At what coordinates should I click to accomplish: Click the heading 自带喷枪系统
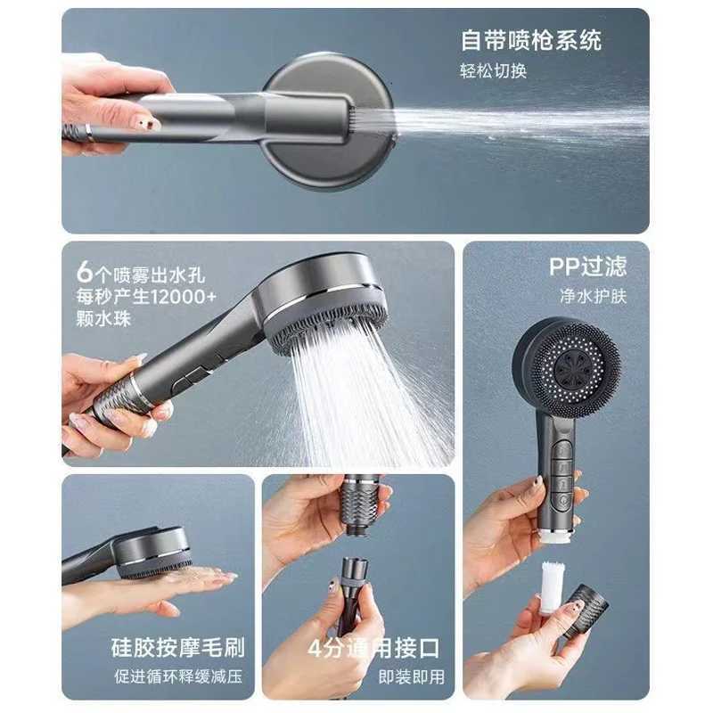click(530, 40)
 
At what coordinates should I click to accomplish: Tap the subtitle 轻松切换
click(493, 71)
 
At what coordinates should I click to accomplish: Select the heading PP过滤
click(587, 266)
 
